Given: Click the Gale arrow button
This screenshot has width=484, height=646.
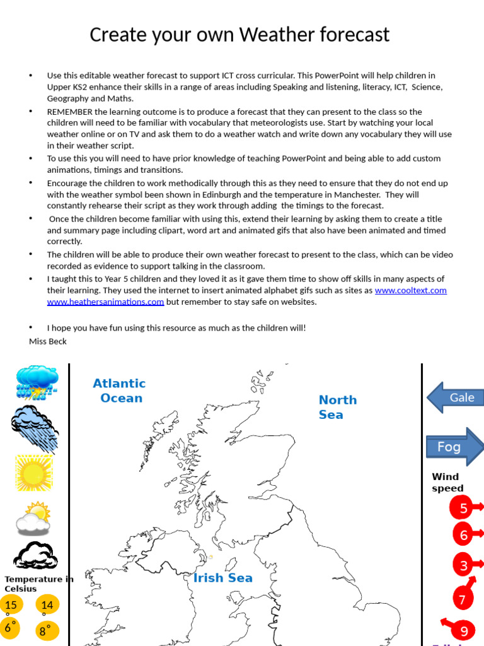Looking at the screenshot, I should [456, 397].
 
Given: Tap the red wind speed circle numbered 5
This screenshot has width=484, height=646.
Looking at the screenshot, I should [463, 508].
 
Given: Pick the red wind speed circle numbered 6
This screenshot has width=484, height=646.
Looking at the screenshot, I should [463, 536].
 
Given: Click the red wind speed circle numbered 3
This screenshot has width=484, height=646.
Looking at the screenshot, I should [463, 565].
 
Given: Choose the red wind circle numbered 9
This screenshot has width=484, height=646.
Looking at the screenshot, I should [463, 631].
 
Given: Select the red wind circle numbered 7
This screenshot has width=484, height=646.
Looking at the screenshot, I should [462, 599].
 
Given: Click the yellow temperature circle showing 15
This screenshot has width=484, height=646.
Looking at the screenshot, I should [11, 605].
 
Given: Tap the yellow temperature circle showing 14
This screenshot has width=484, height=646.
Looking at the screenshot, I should [47, 605].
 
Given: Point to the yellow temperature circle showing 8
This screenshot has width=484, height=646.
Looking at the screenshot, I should [46, 630].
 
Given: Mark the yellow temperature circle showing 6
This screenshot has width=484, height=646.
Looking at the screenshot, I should [10, 628].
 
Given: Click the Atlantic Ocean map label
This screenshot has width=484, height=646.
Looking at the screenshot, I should [120, 391].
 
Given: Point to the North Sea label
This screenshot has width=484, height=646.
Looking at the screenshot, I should [337, 407].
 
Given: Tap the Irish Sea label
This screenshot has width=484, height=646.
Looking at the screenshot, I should [223, 578].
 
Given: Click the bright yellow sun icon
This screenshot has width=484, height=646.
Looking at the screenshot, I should [33, 473].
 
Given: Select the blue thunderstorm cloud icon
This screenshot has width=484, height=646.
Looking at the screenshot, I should [37, 382].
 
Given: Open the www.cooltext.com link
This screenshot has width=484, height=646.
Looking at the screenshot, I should [410, 290].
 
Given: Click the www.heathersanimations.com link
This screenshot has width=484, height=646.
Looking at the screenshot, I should [105, 302].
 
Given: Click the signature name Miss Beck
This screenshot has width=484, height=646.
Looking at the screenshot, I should [48, 341].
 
